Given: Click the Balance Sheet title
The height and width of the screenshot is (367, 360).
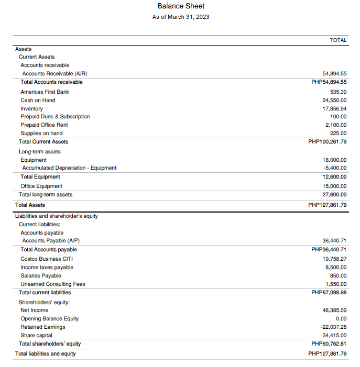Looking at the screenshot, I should click(181, 6).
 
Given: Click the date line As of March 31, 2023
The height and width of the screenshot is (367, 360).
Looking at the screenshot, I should click(181, 17).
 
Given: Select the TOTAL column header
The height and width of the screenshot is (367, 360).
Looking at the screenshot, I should click(338, 40).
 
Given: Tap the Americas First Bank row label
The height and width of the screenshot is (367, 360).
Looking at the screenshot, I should click(45, 92).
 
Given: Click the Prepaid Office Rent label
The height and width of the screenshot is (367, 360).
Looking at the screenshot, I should click(44, 125).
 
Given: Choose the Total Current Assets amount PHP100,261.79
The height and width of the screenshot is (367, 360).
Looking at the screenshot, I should click(329, 141).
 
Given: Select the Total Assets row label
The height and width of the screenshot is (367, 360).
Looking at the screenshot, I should click(30, 205).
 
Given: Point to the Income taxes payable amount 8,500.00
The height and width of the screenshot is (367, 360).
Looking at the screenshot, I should click(335, 267).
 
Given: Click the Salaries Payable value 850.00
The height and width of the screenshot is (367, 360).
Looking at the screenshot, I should click(338, 275).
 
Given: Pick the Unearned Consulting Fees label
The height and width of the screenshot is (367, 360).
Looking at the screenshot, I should click(52, 284).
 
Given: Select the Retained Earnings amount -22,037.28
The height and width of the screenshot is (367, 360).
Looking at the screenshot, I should click(334, 327).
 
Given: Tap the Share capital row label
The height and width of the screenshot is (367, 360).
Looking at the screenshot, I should click(36, 335).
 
